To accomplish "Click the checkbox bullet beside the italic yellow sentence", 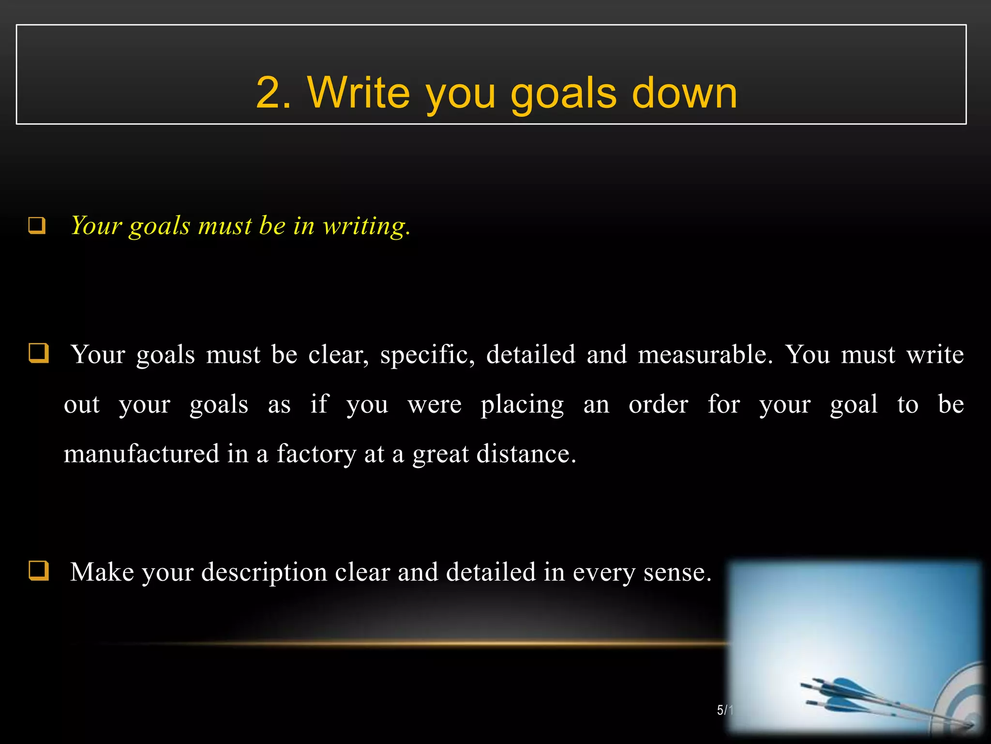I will point(37,226).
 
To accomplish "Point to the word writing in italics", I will point(366,226).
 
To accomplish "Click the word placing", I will point(522,405).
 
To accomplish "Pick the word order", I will point(658,404).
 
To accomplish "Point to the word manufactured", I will point(141,454).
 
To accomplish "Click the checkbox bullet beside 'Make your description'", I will point(38,570).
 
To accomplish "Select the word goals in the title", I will point(563,93).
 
